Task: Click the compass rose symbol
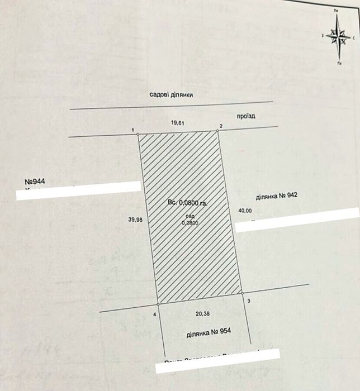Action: tap(339, 37)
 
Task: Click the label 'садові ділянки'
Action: tap(171, 95)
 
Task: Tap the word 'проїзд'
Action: tap(246, 116)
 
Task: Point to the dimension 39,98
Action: tap(135, 220)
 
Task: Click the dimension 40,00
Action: tap(245, 211)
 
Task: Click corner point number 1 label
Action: tap(132, 130)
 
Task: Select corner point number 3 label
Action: tap(248, 302)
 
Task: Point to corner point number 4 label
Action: tap(154, 314)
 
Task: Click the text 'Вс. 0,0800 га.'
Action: tap(187, 204)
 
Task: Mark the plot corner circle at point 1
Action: tap(139, 134)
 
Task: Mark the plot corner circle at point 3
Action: tap(242, 292)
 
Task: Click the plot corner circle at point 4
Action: tap(158, 304)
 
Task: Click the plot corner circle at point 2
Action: tap(217, 131)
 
